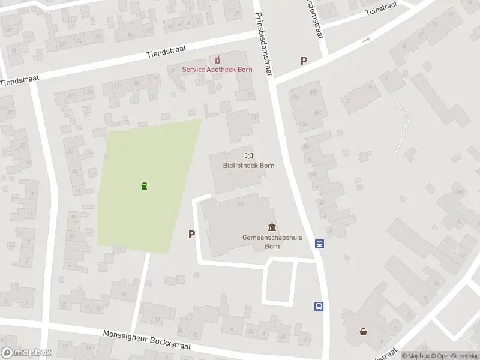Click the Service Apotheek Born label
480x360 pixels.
point(217,70)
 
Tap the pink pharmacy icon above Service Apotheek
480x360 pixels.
point(217,59)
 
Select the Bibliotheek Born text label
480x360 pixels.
point(244,166)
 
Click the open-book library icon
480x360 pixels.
point(248,156)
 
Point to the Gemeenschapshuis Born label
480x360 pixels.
point(272,241)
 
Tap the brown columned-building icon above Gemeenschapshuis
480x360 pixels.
point(272,227)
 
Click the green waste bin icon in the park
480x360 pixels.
point(144,185)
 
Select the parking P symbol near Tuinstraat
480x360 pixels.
point(304,61)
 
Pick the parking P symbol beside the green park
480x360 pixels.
point(191,235)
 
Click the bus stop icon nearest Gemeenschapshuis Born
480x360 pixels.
point(320,244)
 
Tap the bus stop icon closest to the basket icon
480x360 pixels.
point(319,306)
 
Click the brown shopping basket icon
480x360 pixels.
point(363,331)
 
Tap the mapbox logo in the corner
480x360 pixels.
point(26,353)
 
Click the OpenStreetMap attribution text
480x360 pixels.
point(454,356)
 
